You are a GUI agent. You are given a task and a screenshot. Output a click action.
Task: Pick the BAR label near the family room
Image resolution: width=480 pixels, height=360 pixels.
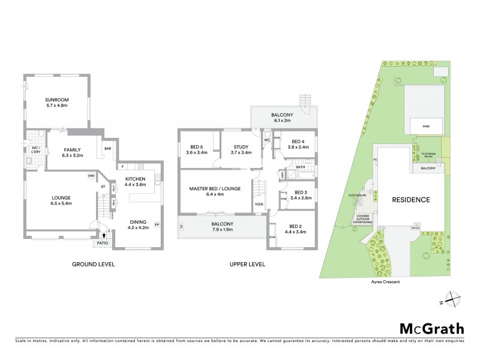pos(108,148)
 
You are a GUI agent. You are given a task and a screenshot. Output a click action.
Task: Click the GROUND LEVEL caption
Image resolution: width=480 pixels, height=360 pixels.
pos(93,264)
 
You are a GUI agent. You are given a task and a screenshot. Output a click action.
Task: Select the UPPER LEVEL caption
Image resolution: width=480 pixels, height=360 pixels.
pos(247,264)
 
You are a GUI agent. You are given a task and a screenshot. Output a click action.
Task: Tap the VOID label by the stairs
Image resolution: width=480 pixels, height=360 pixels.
pos(259,204)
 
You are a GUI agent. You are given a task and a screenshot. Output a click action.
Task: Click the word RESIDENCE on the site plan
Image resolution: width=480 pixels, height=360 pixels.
pos(411,200)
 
